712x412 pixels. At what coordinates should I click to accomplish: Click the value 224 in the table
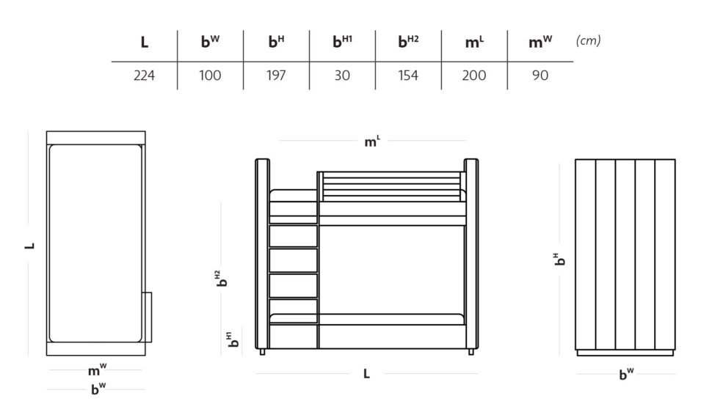(144, 76)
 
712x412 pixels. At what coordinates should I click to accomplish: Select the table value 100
(210, 76)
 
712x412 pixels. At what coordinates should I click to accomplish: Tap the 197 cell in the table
(276, 76)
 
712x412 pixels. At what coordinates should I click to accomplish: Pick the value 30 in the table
(342, 76)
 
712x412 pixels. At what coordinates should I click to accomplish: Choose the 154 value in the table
(408, 76)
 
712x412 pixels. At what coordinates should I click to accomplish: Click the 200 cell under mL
(474, 76)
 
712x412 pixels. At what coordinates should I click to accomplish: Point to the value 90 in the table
(540, 76)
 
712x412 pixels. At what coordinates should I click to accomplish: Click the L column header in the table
(145, 43)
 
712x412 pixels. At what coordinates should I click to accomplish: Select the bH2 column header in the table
(408, 41)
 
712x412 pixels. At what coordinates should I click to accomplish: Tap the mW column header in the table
(540, 42)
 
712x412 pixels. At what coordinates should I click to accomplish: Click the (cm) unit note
(588, 41)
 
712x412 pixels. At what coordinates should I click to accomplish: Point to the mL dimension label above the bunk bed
(372, 141)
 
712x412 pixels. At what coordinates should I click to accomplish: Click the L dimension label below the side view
(366, 374)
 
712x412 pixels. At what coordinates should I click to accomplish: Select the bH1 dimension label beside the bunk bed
(233, 339)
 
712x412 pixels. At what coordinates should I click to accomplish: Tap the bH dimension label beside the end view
(560, 259)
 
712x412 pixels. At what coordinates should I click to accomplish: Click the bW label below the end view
(626, 374)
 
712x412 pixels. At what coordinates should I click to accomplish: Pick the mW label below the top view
(97, 370)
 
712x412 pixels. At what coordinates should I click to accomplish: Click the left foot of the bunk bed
(262, 352)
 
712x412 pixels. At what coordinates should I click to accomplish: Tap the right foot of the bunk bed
(471, 352)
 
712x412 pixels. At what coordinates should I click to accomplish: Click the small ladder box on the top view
(148, 317)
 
